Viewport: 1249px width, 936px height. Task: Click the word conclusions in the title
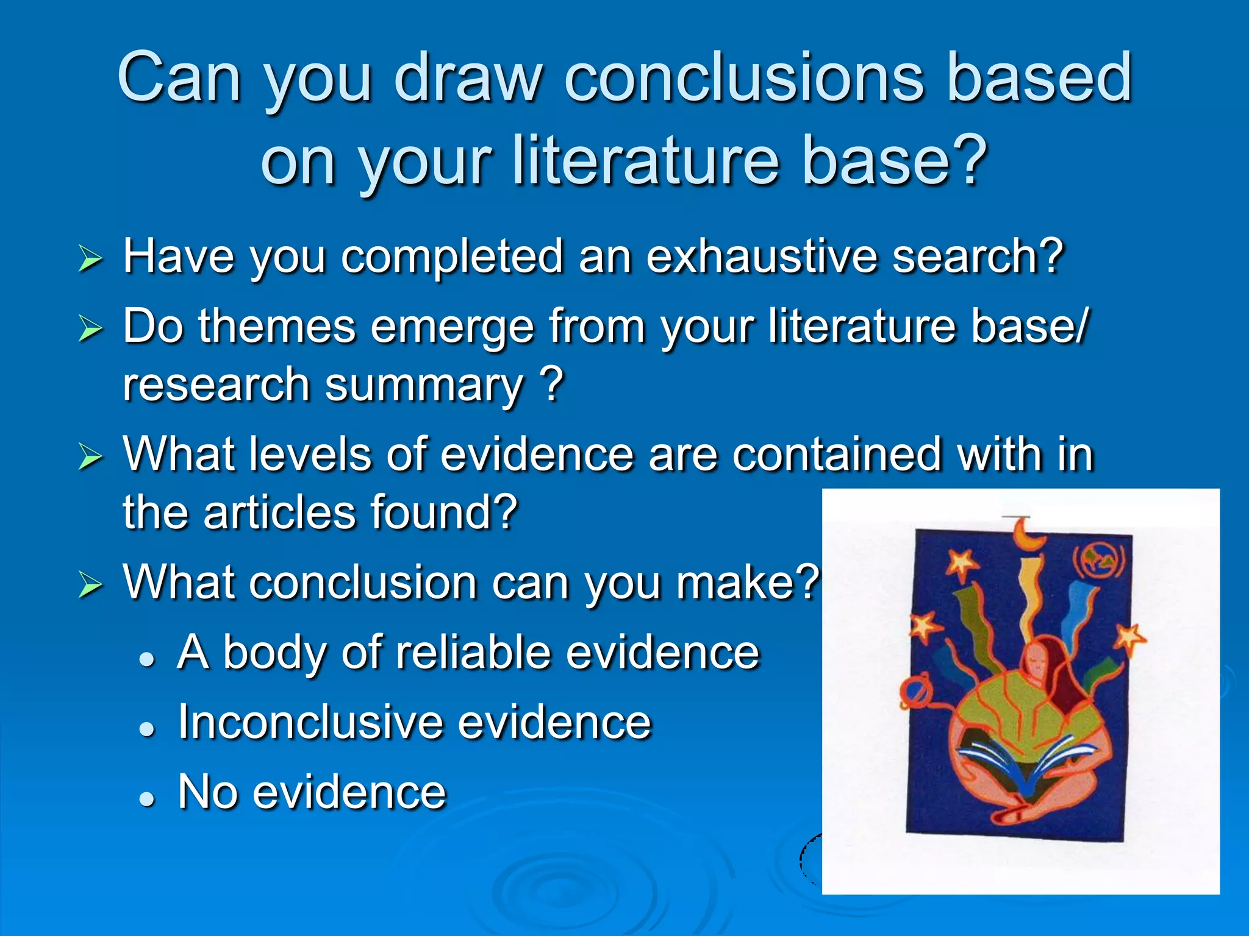[744, 78]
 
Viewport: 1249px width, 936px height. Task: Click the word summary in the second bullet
[423, 386]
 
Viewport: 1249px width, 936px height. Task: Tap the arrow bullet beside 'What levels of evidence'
[90, 457]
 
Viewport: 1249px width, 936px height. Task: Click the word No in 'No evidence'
[207, 792]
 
